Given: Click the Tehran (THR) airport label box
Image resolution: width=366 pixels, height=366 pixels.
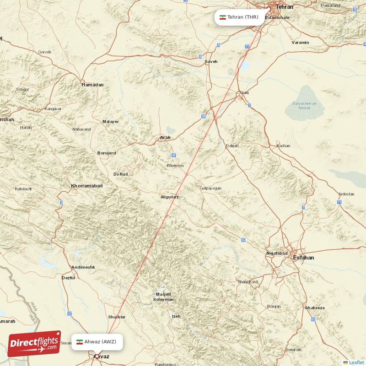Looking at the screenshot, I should click(x=238, y=17).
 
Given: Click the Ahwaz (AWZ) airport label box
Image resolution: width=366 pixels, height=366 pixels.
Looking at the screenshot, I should click(x=97, y=342).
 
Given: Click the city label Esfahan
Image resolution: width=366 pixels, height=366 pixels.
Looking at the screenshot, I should click(x=304, y=258).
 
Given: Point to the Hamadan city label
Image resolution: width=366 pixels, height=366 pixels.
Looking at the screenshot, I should click(x=92, y=85).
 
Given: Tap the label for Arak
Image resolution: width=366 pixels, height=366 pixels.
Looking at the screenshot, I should click(x=165, y=137).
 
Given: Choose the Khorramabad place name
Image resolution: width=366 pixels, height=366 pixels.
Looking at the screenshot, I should click(x=87, y=186).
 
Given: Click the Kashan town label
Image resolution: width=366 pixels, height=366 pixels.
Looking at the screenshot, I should click(x=283, y=146).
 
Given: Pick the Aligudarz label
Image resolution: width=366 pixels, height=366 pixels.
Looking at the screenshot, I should click(x=170, y=197).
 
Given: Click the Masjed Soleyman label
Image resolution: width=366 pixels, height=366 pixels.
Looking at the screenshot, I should click(x=163, y=296).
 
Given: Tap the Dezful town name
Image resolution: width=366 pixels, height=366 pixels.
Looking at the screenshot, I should click(x=68, y=278).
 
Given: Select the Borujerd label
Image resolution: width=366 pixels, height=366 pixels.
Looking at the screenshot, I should click(x=107, y=152).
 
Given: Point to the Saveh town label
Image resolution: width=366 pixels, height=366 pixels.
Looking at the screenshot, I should click(x=211, y=61).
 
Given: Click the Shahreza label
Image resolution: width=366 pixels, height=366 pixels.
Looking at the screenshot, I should click(x=315, y=308).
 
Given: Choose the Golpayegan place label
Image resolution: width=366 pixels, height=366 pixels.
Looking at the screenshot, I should click(x=210, y=188).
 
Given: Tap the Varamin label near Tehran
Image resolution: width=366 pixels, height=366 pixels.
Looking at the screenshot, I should click(x=300, y=43).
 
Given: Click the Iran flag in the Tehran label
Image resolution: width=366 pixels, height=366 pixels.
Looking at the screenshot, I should click(x=223, y=17).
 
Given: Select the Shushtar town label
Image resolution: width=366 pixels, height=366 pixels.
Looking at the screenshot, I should click(x=116, y=317).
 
